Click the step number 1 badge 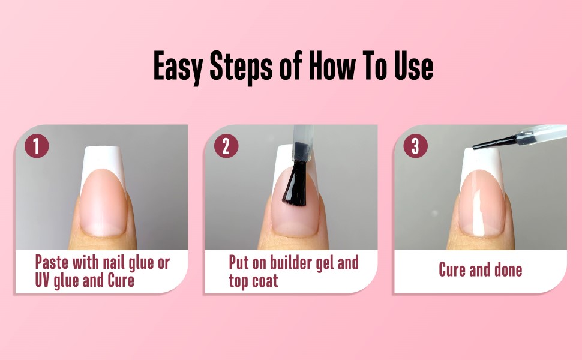tap(37, 146)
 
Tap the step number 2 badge tap(226, 146)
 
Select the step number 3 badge tap(415, 146)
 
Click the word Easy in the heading tap(177, 66)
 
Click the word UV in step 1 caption tap(44, 280)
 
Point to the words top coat tap(253, 280)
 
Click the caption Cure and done tap(480, 270)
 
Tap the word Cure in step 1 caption tap(121, 280)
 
